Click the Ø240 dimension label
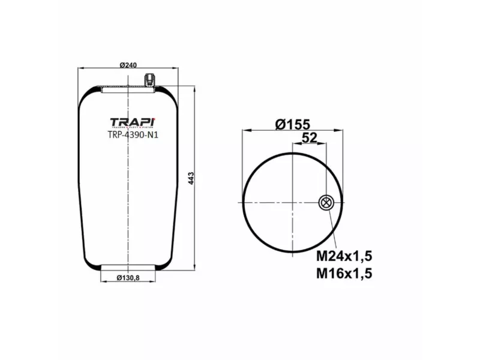tap(129, 65)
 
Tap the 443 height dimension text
tap(191, 178)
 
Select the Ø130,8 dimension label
tap(129, 277)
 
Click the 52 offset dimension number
tap(309, 138)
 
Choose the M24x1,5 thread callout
tap(344, 257)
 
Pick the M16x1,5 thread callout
tap(344, 274)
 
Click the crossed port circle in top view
tap(326, 203)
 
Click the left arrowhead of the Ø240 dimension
tap(80, 70)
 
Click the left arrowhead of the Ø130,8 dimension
tap(101, 277)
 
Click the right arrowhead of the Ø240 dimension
tap(178, 70)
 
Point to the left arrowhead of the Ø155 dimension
tap(243, 130)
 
